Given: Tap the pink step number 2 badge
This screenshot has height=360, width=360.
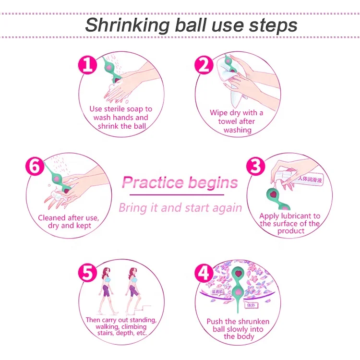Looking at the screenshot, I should [204, 64].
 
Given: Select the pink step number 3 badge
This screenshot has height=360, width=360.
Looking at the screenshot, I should [256, 166].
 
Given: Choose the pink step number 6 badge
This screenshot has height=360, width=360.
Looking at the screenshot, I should [35, 166].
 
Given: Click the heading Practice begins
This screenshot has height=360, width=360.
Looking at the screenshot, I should [180, 182].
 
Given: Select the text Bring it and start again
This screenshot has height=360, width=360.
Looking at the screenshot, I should [180, 208].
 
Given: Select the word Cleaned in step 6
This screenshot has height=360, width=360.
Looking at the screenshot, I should [53, 218].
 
